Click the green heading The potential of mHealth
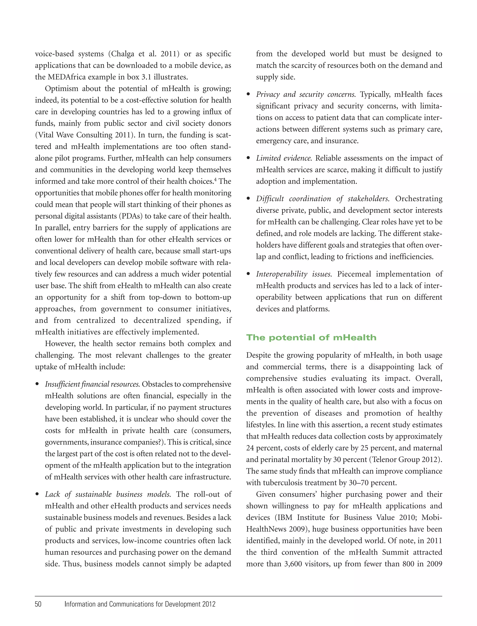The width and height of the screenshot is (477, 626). pos(311,337)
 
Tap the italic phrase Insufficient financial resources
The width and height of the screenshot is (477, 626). pos(92,384)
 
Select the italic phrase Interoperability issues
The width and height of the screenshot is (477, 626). pos(293,274)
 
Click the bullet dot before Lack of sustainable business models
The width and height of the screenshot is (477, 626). pos(37,494)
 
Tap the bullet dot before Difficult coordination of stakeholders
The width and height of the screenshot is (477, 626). pos(249,199)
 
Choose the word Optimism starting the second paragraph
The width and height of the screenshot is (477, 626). pos(61,88)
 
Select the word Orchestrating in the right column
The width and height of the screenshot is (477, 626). pos(419,199)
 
